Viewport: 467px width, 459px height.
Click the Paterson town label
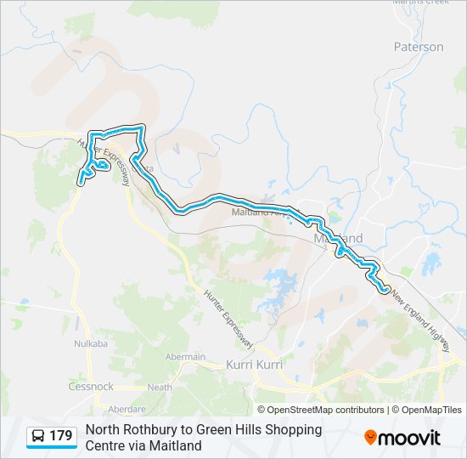[419, 47]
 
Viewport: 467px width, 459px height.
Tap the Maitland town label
[338, 238]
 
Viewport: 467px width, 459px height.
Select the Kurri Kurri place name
[254, 364]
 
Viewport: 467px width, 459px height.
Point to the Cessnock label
[91, 386]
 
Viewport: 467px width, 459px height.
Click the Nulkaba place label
[90, 343]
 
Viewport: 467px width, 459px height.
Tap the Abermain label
[185, 357]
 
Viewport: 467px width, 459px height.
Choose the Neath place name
[159, 387]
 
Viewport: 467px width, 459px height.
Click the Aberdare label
[127, 409]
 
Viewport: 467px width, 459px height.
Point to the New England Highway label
[420, 323]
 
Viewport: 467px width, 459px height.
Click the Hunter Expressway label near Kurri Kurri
[228, 318]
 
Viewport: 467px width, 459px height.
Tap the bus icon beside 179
[38, 437]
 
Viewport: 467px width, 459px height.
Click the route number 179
[61, 437]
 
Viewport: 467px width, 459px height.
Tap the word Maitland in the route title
[176, 445]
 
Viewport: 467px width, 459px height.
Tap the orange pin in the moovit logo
[371, 438]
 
